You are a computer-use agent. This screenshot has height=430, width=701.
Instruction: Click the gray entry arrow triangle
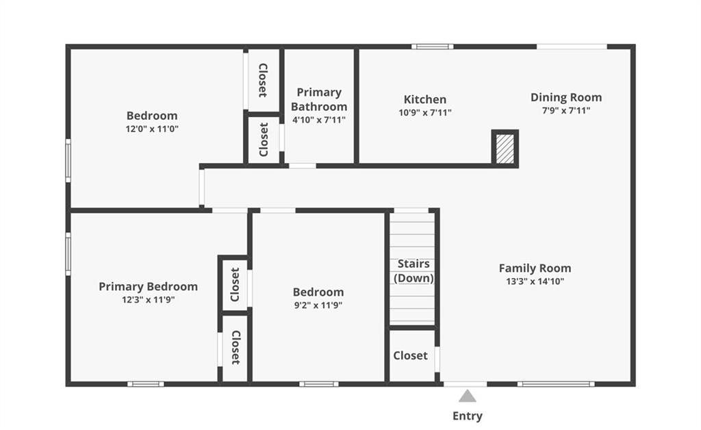[x=467, y=396]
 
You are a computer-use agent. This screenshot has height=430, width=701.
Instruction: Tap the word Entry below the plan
[x=467, y=416]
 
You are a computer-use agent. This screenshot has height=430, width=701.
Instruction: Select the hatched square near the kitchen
[x=505, y=149]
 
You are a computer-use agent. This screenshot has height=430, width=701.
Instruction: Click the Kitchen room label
[x=424, y=99]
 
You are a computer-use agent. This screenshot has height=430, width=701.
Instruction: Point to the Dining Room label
[x=566, y=97]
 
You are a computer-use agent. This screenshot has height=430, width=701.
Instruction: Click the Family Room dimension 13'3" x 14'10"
[x=535, y=281]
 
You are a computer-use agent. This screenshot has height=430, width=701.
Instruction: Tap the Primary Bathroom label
[x=319, y=99]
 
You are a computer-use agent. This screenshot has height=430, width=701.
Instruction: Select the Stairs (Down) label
[x=413, y=271]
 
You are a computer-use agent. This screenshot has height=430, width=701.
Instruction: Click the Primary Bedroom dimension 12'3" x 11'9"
[x=148, y=300]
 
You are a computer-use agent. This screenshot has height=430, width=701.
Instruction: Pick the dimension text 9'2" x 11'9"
[x=318, y=306]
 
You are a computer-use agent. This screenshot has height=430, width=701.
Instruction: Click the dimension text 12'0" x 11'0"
[x=152, y=129]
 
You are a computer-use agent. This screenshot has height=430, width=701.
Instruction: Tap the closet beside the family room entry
[x=411, y=356]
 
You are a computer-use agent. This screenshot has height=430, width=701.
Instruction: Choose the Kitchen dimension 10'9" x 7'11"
[x=425, y=113]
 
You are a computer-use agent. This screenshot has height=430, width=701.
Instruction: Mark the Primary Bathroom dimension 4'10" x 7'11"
[x=319, y=120]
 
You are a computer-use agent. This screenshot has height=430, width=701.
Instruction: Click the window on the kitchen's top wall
[x=433, y=47]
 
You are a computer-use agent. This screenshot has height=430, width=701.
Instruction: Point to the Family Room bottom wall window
[x=556, y=384]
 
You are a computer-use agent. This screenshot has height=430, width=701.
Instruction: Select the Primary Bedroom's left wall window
[x=68, y=254]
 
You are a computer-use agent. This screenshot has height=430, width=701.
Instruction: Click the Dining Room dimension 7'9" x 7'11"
[x=566, y=110]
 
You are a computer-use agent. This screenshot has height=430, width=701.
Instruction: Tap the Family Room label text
[x=535, y=268]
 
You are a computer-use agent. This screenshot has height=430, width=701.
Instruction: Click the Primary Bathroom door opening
[x=302, y=166]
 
